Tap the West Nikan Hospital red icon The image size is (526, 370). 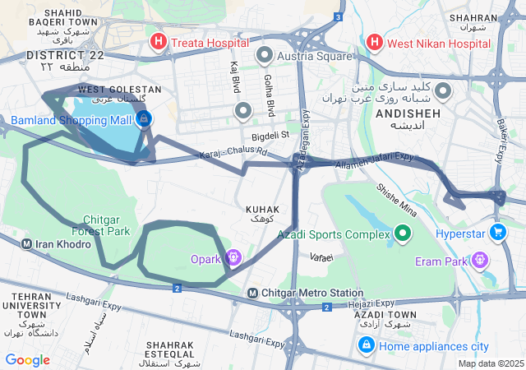(375, 41)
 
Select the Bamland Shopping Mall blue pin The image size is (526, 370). (144, 119)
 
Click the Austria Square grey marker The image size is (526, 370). (265, 55)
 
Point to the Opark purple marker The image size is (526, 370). (233, 259)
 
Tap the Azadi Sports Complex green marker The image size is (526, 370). (402, 234)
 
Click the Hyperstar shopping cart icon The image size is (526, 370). (497, 234)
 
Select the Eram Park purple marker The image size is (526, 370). (480, 261)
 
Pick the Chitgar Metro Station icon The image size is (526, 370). (254, 293)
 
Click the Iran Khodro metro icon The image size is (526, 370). (27, 243)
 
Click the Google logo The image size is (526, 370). (27, 359)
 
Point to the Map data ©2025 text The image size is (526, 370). (491, 363)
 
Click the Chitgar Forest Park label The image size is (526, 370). (106, 225)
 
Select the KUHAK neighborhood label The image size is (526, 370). (263, 210)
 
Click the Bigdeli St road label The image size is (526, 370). (271, 134)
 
